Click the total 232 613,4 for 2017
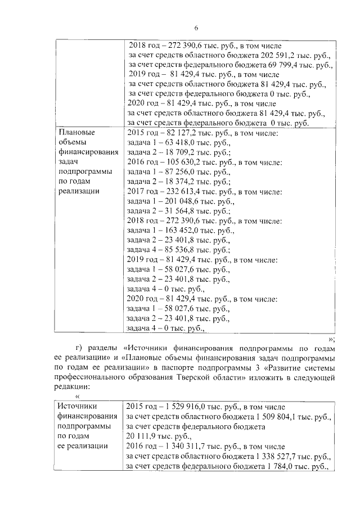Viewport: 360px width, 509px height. click(x=181, y=192)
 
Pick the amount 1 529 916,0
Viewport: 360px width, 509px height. click(x=185, y=407)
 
